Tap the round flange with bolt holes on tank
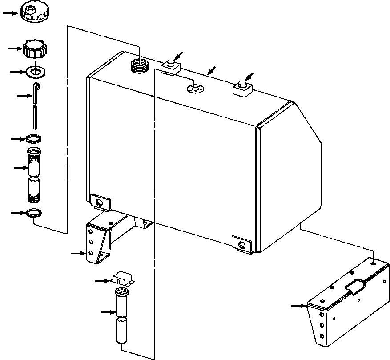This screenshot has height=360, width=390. click(195, 88)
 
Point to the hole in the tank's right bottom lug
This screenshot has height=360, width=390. click(241, 244)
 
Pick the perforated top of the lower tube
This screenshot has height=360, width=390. click(121, 292)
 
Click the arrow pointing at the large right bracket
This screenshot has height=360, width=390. click(298, 306)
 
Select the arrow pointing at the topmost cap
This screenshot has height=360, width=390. click(10, 13)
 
